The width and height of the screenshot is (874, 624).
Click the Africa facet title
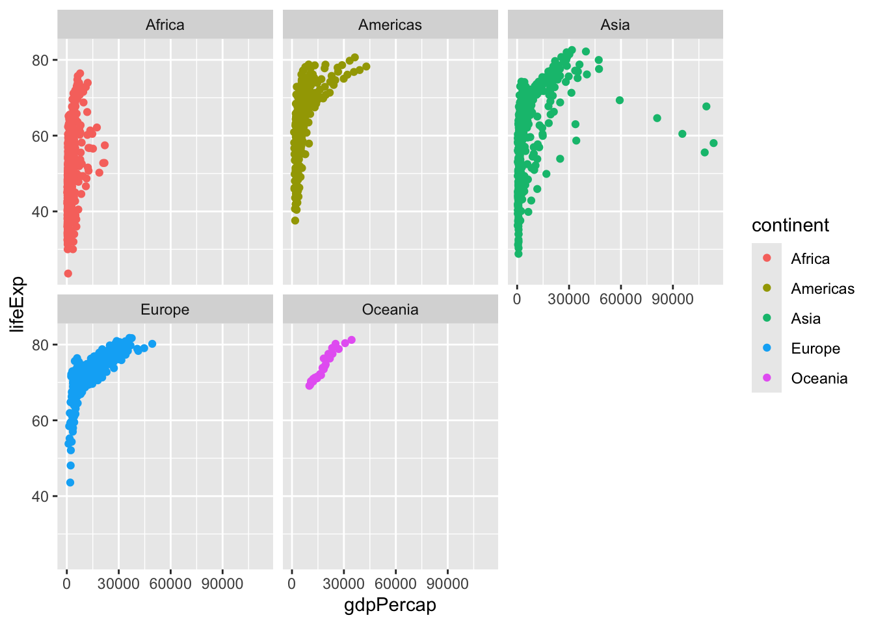pyautogui.click(x=165, y=25)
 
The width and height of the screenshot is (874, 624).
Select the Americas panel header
pyautogui.click(x=390, y=25)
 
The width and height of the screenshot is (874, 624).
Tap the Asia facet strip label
pyautogui.click(x=615, y=25)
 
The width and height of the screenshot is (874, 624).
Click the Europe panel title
pyautogui.click(x=165, y=309)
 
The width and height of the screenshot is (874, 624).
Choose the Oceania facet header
pyautogui.click(x=390, y=309)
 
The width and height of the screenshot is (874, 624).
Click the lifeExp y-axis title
pyautogui.click(x=18, y=304)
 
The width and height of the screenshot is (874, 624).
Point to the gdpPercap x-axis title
pyautogui.click(x=390, y=605)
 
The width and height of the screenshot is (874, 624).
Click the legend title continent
pyautogui.click(x=790, y=226)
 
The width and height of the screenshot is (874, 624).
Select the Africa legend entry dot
pyautogui.click(x=767, y=258)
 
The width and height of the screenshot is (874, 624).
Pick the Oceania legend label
pyautogui.click(x=819, y=378)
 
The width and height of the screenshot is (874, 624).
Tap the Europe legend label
pyautogui.click(x=815, y=348)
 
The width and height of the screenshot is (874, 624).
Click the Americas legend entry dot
pyautogui.click(x=767, y=288)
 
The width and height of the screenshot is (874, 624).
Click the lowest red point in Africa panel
pyautogui.click(x=68, y=274)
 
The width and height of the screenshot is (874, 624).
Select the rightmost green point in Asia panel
pyautogui.click(x=713, y=143)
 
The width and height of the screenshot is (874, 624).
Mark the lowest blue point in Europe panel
pyautogui.click(x=70, y=482)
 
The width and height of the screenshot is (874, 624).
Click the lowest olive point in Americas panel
pyautogui.click(x=295, y=220)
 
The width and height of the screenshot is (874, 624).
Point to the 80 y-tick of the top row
pyautogui.click(x=40, y=60)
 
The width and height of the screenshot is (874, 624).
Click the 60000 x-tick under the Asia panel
pyautogui.click(x=620, y=299)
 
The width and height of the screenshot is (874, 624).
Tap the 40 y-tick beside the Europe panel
pyautogui.click(x=40, y=496)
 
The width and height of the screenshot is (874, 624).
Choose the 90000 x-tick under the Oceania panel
pyautogui.click(x=447, y=584)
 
